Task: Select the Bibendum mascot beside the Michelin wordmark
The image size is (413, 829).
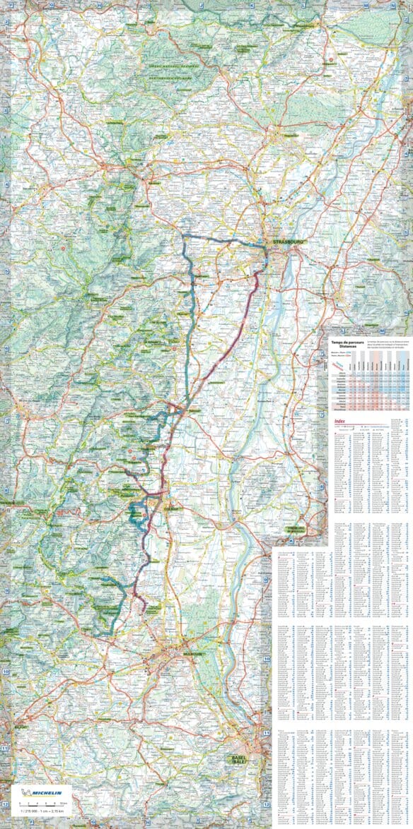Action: pyautogui.click(x=26, y=792)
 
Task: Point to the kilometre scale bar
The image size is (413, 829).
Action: pyautogui.click(x=43, y=803)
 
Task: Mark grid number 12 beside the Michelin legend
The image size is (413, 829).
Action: pyautogui.click(x=6, y=804)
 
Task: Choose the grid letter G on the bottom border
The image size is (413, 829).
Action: pyautogui.click(x=93, y=823)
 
